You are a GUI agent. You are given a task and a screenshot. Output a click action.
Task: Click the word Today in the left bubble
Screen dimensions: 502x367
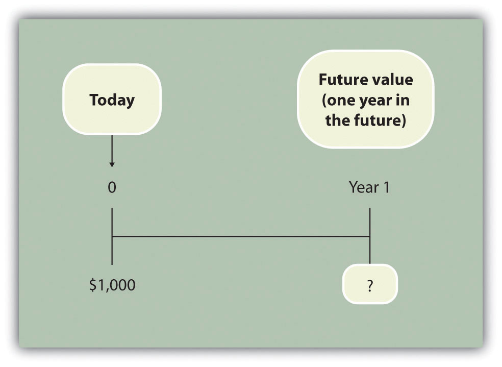[x=112, y=100]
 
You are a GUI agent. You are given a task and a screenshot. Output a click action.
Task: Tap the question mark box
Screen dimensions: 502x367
[x=370, y=284]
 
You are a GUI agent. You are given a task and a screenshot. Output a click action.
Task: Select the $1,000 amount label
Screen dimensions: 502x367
[x=112, y=285]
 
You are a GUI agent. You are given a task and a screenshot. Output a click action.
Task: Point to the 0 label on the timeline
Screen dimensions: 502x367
[x=112, y=187]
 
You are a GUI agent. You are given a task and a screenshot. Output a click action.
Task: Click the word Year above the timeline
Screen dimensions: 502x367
[x=364, y=187]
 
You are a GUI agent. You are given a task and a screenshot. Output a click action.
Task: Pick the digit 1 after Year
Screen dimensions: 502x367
[x=386, y=187]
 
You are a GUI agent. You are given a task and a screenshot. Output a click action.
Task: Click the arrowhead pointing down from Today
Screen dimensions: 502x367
[x=112, y=164]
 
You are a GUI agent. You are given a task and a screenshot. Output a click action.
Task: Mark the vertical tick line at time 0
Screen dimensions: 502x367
[x=112, y=237]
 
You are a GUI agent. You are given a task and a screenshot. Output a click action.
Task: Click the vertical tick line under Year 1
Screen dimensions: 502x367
[x=370, y=236]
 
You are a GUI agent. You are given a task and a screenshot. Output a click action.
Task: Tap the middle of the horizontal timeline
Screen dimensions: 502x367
[x=241, y=237]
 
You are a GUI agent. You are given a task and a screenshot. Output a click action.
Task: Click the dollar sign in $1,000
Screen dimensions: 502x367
[x=93, y=285]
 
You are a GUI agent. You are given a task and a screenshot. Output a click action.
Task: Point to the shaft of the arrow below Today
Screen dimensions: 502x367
[x=112, y=149]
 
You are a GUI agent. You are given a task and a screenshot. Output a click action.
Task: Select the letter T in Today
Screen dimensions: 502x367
[x=94, y=100]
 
